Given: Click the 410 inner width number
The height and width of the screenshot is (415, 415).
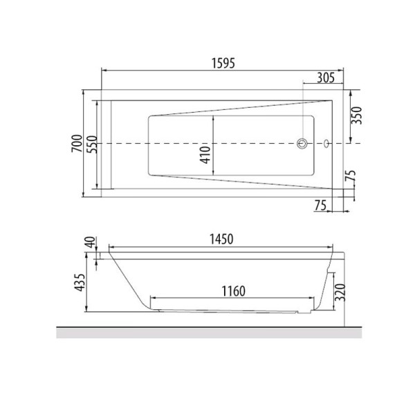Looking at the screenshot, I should click(x=204, y=154).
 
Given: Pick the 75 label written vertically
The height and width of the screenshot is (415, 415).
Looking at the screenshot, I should click(x=351, y=176).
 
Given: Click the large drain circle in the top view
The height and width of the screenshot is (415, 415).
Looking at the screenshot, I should click(x=302, y=144).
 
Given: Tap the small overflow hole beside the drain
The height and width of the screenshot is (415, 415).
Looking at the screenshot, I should click(x=326, y=144).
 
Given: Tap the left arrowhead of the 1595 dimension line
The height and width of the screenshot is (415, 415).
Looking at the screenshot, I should click(x=105, y=70).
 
